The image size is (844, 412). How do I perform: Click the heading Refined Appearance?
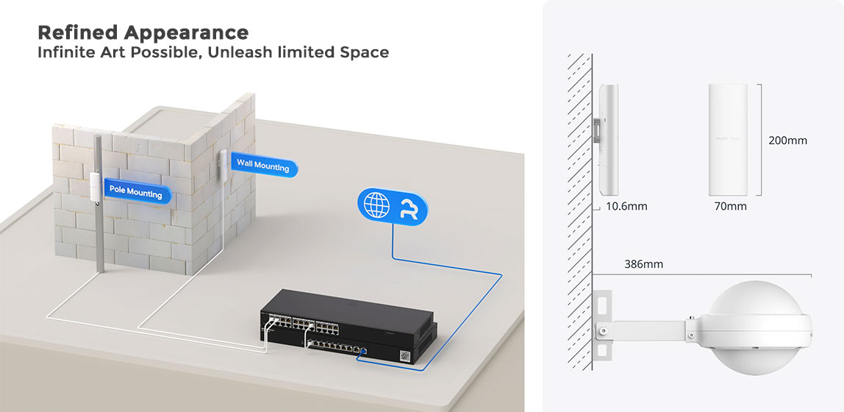point(143,33)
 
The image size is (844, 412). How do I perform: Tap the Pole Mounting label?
point(136,191)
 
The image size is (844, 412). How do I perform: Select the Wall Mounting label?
point(262,166)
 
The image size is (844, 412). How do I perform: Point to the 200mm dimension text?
point(787,140)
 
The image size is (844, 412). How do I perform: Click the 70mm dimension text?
point(730,206)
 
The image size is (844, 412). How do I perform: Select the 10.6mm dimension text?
point(627,206)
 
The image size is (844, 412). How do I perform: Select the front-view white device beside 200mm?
point(728,139)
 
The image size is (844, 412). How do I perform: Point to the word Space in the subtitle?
point(362,53)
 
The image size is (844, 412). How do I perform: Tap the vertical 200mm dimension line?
point(758,139)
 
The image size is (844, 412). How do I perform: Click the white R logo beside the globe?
point(407,205)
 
